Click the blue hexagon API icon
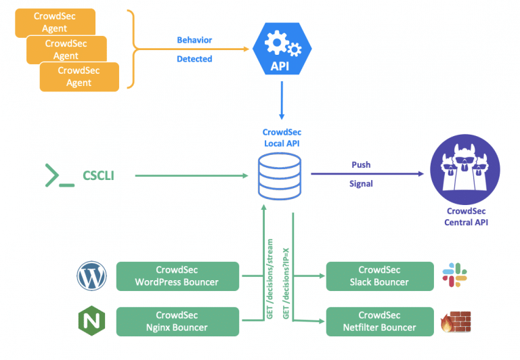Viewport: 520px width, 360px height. click(280, 49)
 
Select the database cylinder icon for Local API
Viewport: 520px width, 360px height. click(280, 177)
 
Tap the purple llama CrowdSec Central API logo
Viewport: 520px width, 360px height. click(465, 170)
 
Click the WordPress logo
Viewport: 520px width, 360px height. click(91, 276)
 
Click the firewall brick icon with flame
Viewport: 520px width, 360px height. click(454, 321)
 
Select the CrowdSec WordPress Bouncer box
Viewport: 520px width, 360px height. click(177, 276)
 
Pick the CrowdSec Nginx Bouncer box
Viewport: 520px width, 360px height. click(177, 321)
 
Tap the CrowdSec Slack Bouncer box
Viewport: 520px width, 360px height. click(379, 276)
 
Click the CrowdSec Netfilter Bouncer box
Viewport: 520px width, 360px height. click(379, 321)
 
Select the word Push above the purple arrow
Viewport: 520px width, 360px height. click(361, 164)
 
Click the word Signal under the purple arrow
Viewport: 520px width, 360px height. click(361, 183)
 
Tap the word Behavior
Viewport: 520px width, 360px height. click(194, 40)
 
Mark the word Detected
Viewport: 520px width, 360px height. click(194, 59)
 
